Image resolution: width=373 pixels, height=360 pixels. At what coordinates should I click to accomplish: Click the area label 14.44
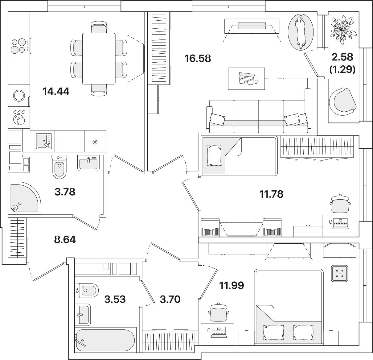[56, 91]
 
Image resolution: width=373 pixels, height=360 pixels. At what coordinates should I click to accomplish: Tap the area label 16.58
[198, 58]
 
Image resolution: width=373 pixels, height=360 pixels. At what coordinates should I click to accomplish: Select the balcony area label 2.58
[342, 57]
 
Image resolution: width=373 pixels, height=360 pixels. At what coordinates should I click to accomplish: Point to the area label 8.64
[65, 240]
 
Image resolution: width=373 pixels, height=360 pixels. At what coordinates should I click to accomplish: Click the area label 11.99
[232, 285]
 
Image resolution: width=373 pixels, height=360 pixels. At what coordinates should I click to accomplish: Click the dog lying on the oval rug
[300, 32]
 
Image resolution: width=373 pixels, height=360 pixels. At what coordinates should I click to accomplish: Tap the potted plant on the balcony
[343, 30]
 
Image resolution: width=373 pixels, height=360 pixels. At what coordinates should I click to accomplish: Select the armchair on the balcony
[342, 102]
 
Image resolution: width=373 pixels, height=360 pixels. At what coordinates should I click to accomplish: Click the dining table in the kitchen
[99, 59]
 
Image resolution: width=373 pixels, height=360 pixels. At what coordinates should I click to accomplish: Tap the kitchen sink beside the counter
[44, 141]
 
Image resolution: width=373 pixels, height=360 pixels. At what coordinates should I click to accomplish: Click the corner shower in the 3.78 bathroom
[24, 198]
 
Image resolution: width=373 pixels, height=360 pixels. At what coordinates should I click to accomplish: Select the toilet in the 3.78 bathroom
[59, 167]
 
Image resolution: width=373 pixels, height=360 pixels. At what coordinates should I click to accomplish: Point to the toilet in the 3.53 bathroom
[87, 290]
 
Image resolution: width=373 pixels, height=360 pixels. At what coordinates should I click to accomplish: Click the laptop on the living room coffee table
[247, 78]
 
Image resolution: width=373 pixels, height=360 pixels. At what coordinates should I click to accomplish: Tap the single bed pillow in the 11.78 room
[214, 155]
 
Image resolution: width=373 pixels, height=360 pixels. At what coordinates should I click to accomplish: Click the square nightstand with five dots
[340, 274]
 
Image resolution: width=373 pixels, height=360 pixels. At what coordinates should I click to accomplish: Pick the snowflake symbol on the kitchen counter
[95, 142]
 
